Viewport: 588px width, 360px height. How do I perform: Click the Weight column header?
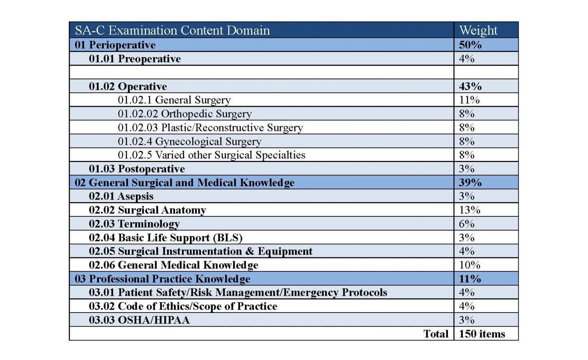pos(478,30)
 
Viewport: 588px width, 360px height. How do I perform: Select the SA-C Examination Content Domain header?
pos(172,30)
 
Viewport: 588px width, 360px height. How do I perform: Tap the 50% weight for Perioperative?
pos(470,45)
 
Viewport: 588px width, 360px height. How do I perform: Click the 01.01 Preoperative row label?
pos(135,59)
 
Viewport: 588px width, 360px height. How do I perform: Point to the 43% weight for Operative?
pos(470,86)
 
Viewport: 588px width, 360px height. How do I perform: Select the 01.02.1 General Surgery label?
pos(174,100)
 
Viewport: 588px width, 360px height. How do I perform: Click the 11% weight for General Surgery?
pos(469,100)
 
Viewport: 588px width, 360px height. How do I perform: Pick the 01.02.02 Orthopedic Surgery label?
pos(185,114)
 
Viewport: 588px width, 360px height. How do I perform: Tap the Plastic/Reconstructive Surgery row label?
pos(210,128)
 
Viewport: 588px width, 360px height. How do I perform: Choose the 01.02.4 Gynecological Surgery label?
pos(189,141)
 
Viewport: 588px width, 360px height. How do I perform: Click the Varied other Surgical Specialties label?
pos(211,155)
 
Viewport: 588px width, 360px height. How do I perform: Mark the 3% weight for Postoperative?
pos(467,169)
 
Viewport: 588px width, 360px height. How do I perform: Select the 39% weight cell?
pos(470,183)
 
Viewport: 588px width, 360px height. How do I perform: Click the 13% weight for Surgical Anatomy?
pos(469,210)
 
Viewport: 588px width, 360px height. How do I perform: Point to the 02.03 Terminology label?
pos(134,224)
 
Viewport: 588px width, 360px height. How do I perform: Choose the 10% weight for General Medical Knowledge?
pos(469,265)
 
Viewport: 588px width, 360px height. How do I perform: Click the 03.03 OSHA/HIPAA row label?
pos(139,320)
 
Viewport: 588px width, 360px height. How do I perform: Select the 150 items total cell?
pos(482,334)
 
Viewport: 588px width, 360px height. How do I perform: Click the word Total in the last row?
pos(436,334)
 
